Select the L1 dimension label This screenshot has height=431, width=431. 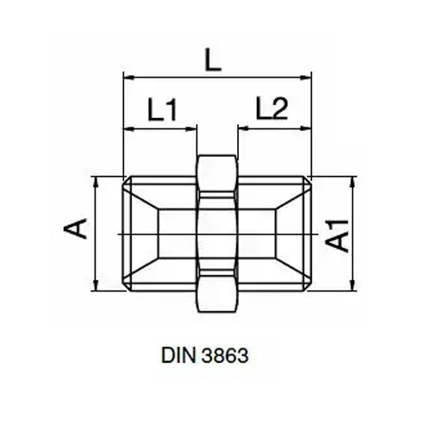click(x=161, y=109)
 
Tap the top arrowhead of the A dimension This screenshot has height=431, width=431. click(x=94, y=182)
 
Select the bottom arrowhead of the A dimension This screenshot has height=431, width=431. click(x=94, y=286)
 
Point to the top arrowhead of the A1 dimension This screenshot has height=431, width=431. click(x=353, y=182)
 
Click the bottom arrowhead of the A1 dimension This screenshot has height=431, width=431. click(x=353, y=286)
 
